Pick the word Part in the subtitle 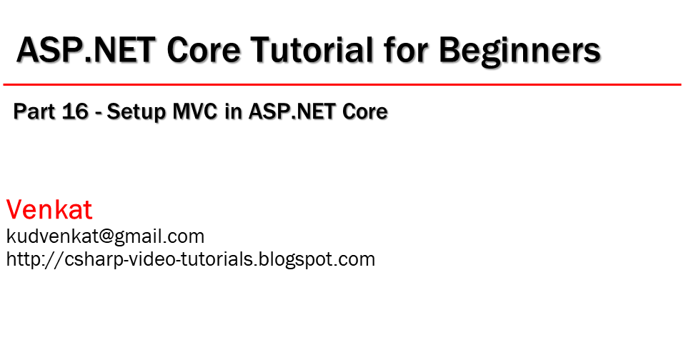click(x=35, y=112)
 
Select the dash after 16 click(x=99, y=113)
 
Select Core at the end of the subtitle click(x=364, y=112)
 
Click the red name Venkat click(x=49, y=210)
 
